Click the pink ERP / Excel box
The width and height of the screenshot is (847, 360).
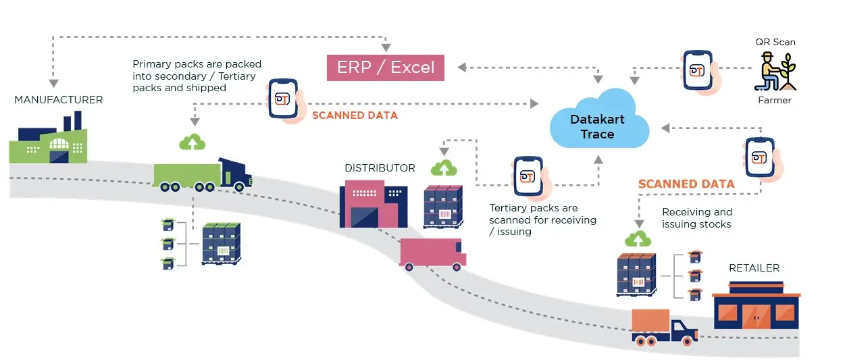tap(386, 68)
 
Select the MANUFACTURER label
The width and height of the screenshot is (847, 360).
tap(59, 100)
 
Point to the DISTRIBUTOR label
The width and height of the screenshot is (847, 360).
tap(380, 168)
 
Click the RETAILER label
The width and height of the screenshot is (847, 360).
tap(754, 268)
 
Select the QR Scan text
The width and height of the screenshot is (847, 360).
tap(775, 42)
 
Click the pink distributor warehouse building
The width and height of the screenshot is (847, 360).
tap(367, 203)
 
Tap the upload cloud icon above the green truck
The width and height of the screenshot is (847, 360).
tap(193, 142)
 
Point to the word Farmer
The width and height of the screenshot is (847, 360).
tap(775, 100)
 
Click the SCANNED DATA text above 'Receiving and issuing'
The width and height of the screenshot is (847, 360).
tap(686, 184)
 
